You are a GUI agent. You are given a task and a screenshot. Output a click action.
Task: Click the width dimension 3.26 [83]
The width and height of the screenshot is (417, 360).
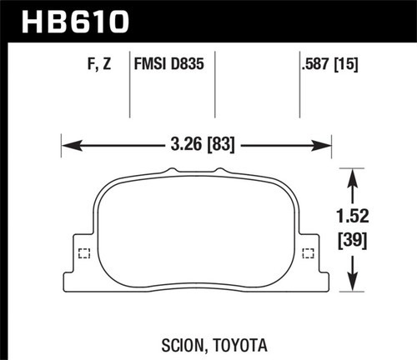pyautogui.click(x=198, y=145)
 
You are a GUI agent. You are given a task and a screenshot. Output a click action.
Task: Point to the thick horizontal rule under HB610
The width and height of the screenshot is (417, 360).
pyautogui.click(x=208, y=39)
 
